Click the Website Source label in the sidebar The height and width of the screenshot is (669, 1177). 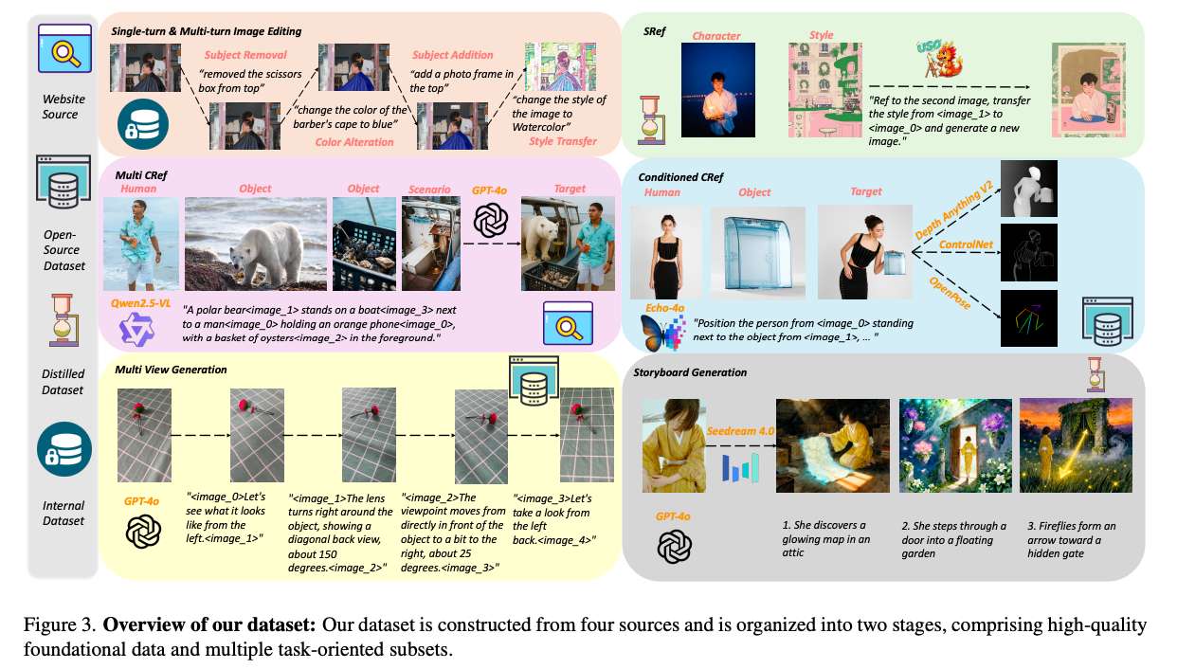tap(63, 107)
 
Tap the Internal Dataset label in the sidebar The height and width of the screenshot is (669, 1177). tap(63, 513)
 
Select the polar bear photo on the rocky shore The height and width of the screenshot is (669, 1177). tap(255, 244)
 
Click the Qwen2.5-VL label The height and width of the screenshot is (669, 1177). tap(140, 303)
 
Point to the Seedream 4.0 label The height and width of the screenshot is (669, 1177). tap(740, 431)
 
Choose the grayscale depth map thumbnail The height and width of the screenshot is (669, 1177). tap(1029, 189)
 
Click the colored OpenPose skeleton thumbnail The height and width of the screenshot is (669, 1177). tap(1029, 318)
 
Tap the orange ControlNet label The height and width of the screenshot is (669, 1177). tap(966, 244)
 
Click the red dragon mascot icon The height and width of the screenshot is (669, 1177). tap(942, 59)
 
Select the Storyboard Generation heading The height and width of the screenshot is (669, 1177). tap(690, 372)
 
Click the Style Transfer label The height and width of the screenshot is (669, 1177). tap(563, 141)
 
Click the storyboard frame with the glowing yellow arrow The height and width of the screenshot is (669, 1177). tap(1076, 445)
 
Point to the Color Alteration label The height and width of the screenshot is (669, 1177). tap(354, 142)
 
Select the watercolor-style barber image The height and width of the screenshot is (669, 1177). tap(560, 66)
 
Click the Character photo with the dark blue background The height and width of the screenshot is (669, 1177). tap(717, 90)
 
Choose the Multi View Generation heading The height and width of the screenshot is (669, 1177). tap(171, 370)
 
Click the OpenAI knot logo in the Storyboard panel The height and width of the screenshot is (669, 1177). tap(674, 547)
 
